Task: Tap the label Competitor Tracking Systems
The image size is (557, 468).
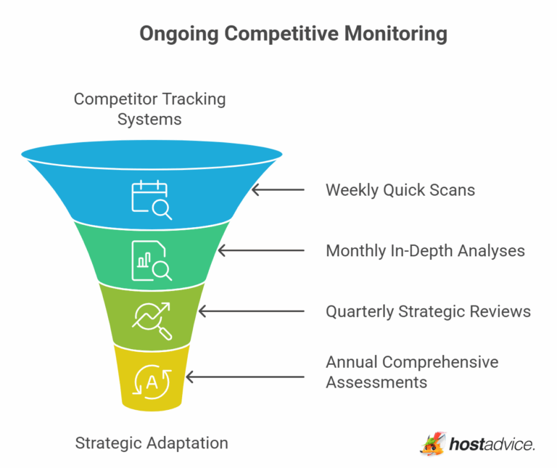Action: click(149, 108)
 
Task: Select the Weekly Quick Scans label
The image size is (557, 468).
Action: click(400, 190)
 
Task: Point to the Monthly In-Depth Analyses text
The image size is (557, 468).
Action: click(425, 251)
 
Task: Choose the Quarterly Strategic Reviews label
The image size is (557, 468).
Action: click(428, 311)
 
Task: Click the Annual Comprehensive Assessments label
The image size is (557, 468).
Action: click(412, 371)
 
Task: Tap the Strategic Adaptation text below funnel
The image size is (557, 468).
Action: click(152, 443)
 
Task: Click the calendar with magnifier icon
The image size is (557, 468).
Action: click(151, 199)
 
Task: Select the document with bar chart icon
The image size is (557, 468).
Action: click(151, 260)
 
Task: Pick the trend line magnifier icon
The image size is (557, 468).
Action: click(151, 319)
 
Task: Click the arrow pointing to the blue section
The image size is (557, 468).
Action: click(278, 190)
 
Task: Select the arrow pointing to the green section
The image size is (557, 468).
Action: click(261, 251)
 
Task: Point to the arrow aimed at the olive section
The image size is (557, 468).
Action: click(251, 311)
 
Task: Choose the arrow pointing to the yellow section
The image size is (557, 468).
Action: click(245, 377)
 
